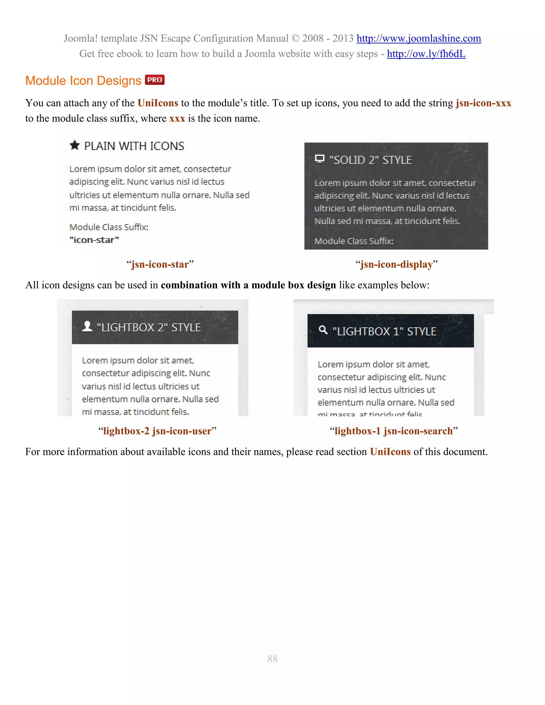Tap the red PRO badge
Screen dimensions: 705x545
coord(155,80)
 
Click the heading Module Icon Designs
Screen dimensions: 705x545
coord(83,81)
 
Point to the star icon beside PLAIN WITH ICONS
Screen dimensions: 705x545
coord(75,145)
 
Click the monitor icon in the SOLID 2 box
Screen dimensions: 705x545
coord(319,159)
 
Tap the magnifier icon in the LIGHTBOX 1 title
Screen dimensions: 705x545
coord(323,330)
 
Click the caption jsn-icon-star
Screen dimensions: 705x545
coord(160,264)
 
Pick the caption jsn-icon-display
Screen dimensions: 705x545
coord(397,264)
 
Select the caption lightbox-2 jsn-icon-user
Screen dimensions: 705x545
coord(157,431)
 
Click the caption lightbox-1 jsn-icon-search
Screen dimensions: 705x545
coord(394,431)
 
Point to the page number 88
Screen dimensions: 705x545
coord(272,658)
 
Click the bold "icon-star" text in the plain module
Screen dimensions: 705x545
coord(94,240)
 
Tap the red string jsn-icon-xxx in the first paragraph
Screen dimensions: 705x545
coord(483,103)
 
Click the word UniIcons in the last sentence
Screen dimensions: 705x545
coord(390,452)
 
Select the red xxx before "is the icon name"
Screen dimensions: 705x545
coord(177,118)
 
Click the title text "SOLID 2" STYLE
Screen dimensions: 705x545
coord(370,160)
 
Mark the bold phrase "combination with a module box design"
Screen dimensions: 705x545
coord(248,285)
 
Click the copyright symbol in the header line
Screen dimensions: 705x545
coord(295,38)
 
